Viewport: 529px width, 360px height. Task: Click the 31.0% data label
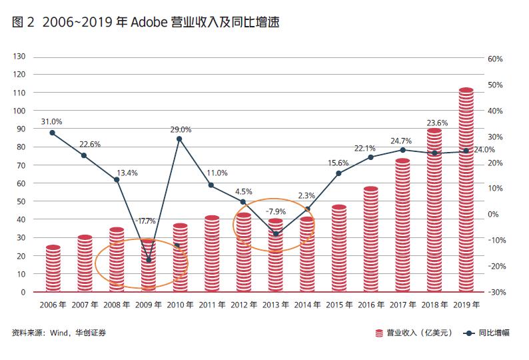(x=51, y=122)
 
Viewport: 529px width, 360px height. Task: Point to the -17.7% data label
(x=145, y=221)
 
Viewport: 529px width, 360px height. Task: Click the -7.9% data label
(x=276, y=211)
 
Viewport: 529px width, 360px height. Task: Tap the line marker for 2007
(x=84, y=155)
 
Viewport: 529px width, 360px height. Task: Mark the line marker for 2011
(x=211, y=185)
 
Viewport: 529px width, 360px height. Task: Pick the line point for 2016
(x=370, y=157)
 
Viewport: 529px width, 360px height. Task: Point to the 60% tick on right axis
(x=495, y=59)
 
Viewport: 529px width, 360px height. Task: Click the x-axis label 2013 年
(x=275, y=305)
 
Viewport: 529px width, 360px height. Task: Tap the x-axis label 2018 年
(x=434, y=305)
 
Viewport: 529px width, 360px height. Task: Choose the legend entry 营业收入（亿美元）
(x=410, y=333)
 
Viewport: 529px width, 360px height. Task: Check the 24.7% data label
(x=402, y=141)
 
